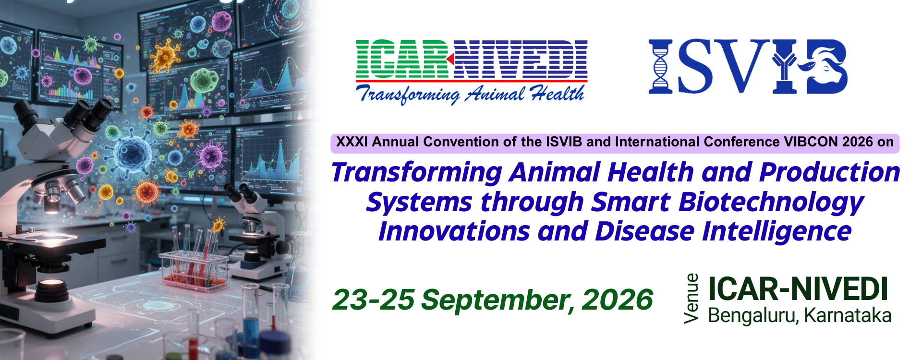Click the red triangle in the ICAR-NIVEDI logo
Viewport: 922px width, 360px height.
[450, 59]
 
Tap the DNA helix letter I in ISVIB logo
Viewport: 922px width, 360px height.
[660, 66]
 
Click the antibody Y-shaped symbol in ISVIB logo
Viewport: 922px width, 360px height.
[784, 66]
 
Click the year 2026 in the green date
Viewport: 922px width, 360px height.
[617, 300]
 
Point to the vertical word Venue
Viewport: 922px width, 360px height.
[691, 299]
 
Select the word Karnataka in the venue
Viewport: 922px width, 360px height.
[848, 315]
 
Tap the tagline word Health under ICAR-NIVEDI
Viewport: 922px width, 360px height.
[558, 93]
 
